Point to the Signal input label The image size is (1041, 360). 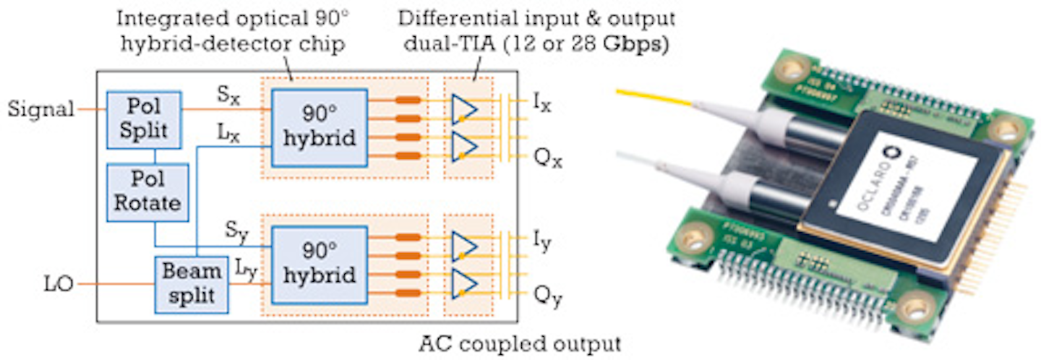(40, 109)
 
